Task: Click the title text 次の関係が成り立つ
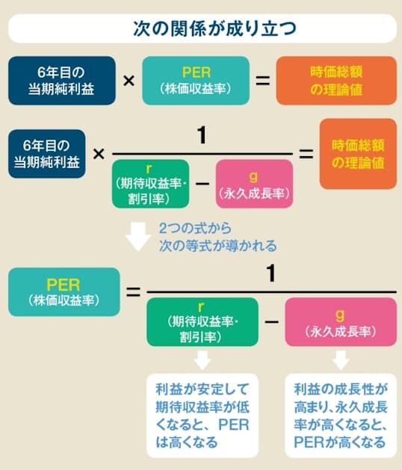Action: (x=214, y=29)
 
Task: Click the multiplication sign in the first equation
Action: (x=129, y=81)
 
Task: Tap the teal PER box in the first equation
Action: (x=196, y=81)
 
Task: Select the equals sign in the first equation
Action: (x=262, y=81)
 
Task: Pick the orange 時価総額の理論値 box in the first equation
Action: (x=336, y=81)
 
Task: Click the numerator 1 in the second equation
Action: (x=202, y=135)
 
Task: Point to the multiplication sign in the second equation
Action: (x=99, y=154)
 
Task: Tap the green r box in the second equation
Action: (x=150, y=184)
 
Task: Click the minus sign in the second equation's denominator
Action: (x=202, y=183)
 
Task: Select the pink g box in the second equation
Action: (x=254, y=184)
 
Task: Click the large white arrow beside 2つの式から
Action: (x=138, y=237)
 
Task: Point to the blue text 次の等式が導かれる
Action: (x=217, y=246)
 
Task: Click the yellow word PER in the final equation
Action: (x=64, y=285)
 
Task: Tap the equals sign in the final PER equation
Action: (x=133, y=291)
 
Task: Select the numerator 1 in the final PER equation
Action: (x=271, y=273)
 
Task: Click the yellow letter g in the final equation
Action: (x=340, y=315)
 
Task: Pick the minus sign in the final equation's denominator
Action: (x=271, y=321)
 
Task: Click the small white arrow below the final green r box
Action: (x=202, y=360)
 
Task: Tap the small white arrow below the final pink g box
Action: (x=341, y=360)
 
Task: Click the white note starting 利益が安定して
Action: (x=202, y=415)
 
